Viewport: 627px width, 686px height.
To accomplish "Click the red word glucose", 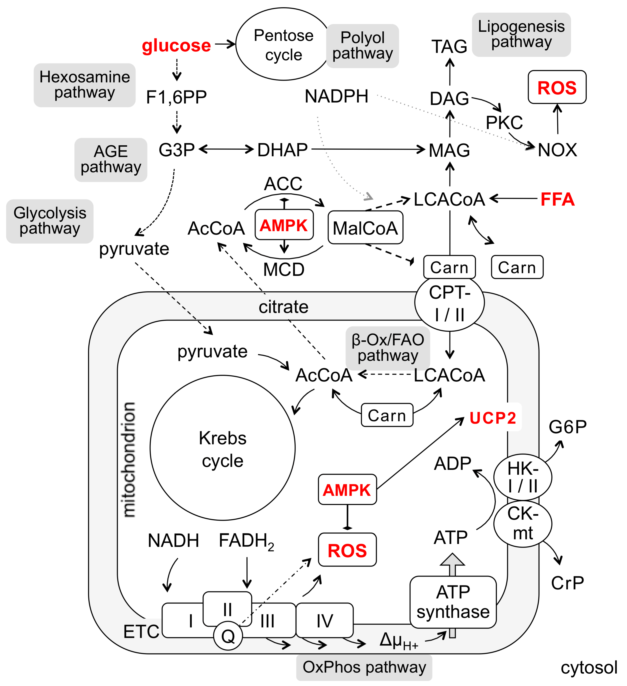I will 176,46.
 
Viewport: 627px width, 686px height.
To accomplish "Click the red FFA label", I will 558,199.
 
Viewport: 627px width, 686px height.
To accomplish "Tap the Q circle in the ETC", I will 228,636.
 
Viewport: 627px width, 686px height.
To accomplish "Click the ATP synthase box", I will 453,602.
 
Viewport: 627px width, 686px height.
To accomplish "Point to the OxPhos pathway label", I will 364,667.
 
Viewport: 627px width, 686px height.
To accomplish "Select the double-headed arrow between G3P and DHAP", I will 226,149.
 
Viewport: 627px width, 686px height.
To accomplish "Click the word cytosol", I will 589,668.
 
